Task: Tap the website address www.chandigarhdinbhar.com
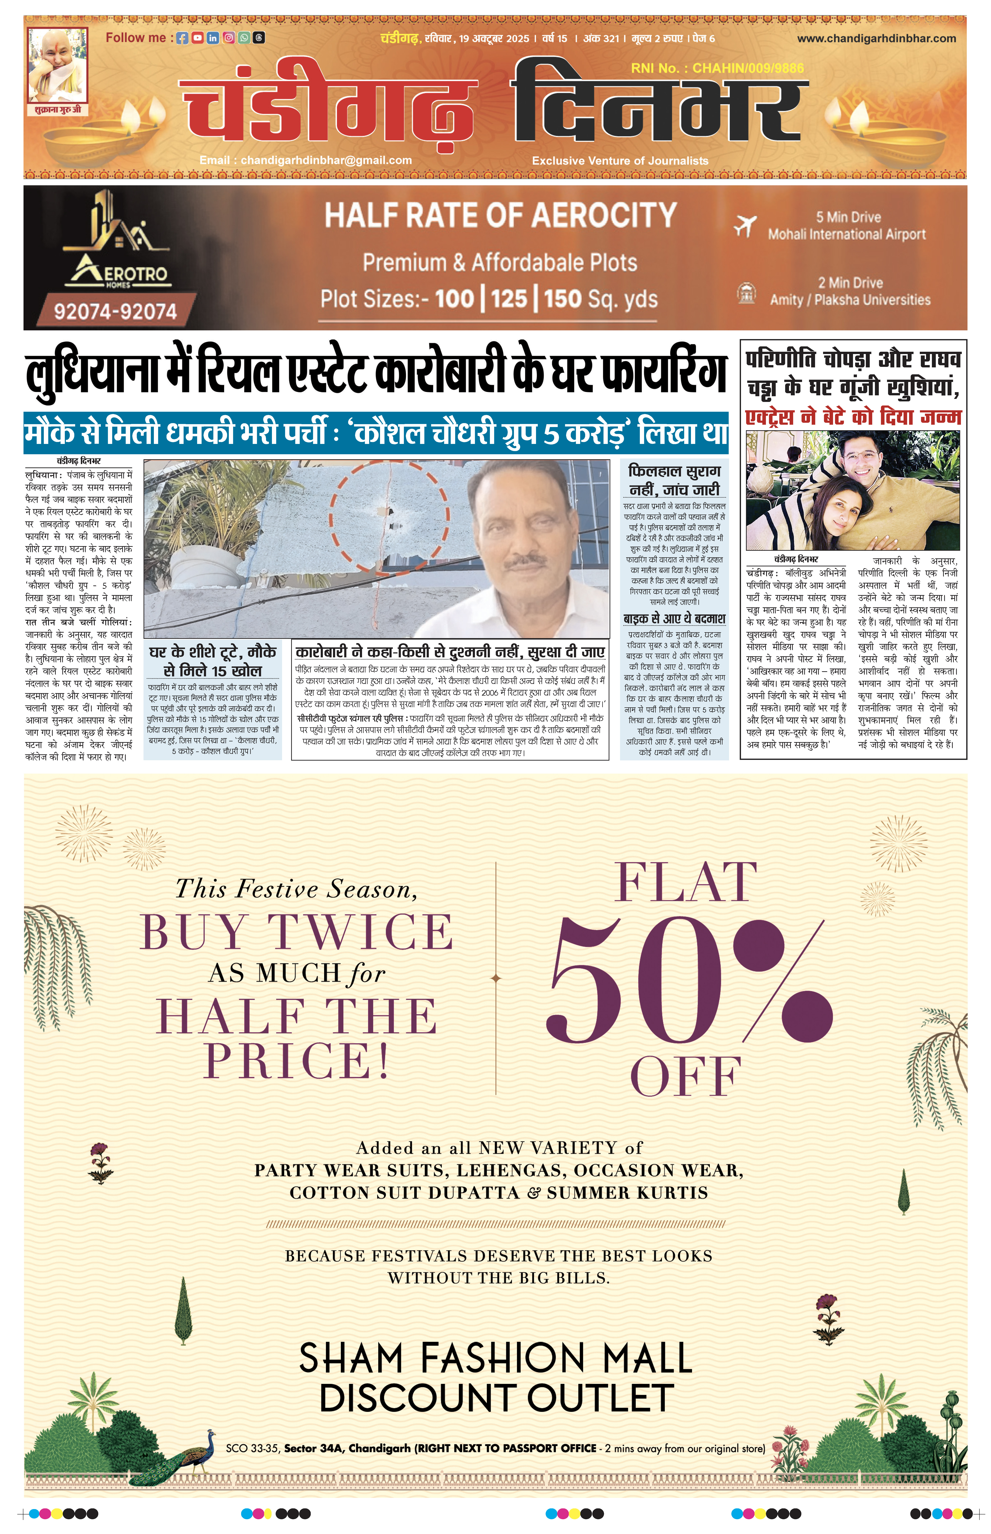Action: (876, 39)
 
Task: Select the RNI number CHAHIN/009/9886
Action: (748, 68)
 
